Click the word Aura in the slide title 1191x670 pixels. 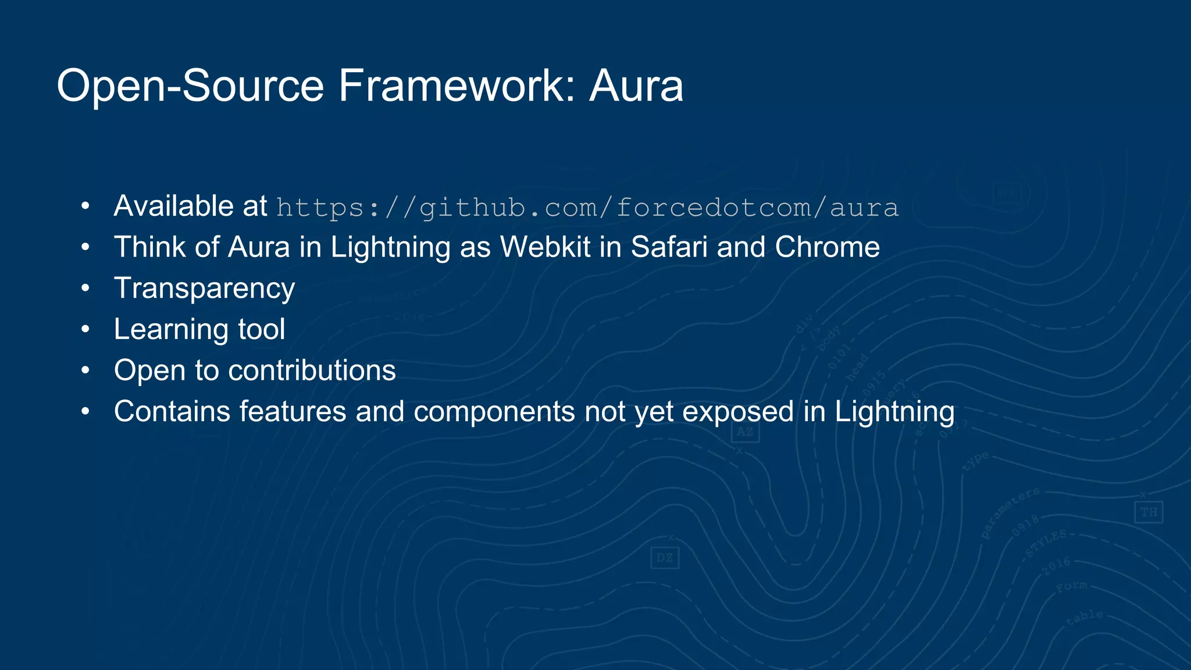click(636, 86)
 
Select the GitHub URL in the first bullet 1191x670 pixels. click(587, 208)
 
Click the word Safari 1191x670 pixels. click(669, 247)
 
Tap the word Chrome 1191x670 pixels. click(827, 247)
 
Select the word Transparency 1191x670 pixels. click(205, 288)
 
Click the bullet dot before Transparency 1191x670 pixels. click(85, 288)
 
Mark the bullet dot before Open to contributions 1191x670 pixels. click(85, 370)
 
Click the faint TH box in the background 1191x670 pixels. click(1148, 512)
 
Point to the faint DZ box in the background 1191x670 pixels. click(664, 558)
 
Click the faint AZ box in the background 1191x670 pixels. click(745, 432)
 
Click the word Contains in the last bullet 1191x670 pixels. click(172, 412)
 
